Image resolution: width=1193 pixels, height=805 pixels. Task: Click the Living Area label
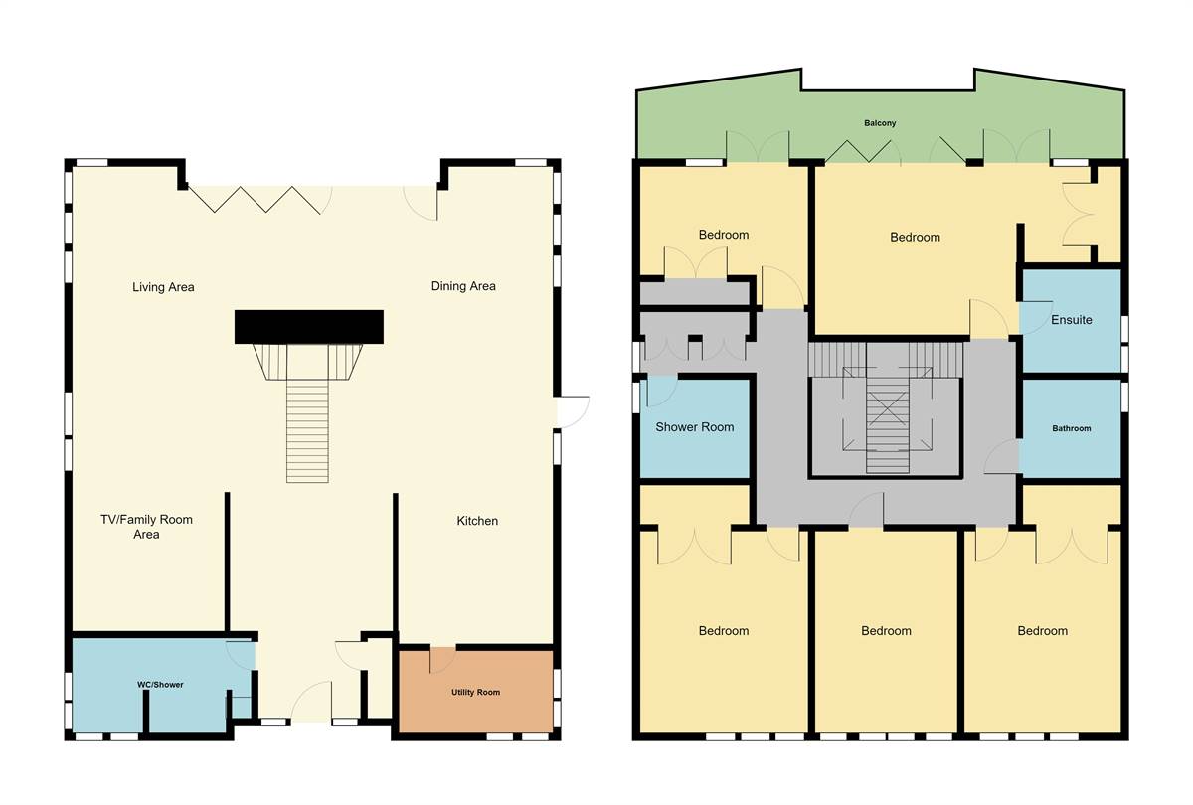pos(163,287)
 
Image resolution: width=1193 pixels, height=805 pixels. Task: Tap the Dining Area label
pos(463,286)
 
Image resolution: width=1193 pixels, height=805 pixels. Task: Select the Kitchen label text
pos(477,521)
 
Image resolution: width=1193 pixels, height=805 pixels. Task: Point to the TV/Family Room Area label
pos(146,527)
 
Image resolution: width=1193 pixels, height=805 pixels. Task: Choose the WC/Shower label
pos(160,685)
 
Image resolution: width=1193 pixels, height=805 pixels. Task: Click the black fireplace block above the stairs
pos(308,326)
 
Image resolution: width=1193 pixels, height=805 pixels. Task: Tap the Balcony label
pos(879,123)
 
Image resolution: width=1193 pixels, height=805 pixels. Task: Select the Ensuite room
pos(1071,320)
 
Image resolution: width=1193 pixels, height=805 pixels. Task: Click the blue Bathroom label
pos(1072,428)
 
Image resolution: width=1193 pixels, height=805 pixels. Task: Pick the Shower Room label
pos(694,427)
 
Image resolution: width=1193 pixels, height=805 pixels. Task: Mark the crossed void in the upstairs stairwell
pos(887,407)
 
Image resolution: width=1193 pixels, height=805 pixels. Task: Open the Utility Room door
pos(441,658)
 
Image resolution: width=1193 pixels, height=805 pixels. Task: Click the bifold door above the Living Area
pos(260,199)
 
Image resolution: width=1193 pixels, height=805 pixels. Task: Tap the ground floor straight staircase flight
pos(307,432)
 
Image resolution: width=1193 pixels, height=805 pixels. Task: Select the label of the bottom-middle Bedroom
pos(886,631)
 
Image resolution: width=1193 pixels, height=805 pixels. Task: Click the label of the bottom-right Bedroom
pos(1042,631)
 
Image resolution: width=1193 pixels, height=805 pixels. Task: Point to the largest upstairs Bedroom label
pos(915,237)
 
